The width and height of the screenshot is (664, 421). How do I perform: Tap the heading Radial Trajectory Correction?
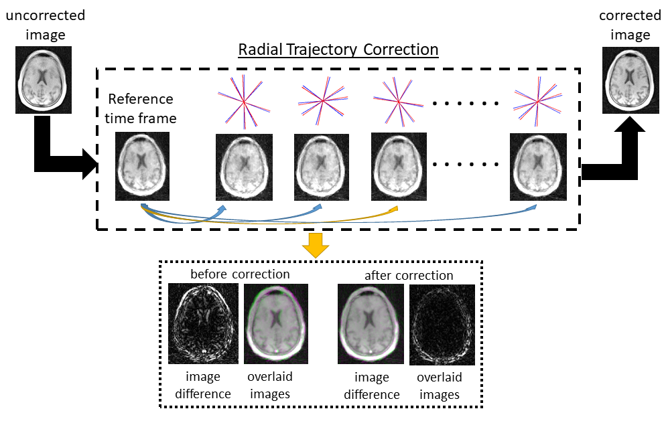tap(339, 50)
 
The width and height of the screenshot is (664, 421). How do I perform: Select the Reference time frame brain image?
tap(142, 166)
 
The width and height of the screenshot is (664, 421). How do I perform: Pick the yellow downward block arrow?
tap(315, 246)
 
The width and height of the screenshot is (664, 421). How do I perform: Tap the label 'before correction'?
tap(240, 274)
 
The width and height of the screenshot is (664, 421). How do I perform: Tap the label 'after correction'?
tap(409, 276)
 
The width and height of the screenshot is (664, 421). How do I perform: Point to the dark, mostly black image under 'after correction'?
tap(442, 325)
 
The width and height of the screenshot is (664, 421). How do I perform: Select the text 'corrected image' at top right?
tap(630, 24)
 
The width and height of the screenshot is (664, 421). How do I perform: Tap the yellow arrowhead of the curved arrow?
tap(393, 210)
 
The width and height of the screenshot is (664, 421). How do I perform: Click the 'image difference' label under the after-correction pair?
tap(372, 386)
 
